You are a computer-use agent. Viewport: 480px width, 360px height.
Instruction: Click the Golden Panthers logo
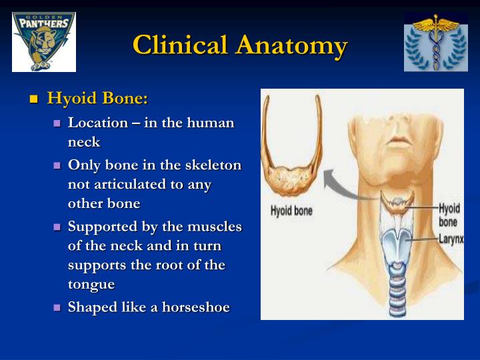(44, 42)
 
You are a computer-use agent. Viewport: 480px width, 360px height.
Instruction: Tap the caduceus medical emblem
(435, 42)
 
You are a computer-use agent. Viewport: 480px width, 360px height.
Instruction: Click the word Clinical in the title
(181, 45)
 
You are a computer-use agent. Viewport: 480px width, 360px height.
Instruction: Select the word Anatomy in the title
(292, 46)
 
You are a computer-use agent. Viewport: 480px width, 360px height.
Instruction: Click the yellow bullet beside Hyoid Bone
(34, 99)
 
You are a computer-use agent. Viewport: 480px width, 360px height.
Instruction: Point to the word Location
(98, 123)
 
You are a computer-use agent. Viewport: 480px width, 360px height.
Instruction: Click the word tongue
(91, 285)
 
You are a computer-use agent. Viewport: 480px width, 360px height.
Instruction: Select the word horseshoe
(196, 307)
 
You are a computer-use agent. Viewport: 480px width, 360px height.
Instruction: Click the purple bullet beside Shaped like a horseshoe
(57, 307)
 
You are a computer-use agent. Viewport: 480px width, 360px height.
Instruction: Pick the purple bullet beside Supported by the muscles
(57, 227)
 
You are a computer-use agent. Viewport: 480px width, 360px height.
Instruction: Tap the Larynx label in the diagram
(451, 239)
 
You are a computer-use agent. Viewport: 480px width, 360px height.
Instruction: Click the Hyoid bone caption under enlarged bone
(291, 211)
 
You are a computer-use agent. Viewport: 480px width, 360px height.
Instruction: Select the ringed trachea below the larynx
(397, 288)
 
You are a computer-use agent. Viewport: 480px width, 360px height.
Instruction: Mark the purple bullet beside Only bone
(57, 165)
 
